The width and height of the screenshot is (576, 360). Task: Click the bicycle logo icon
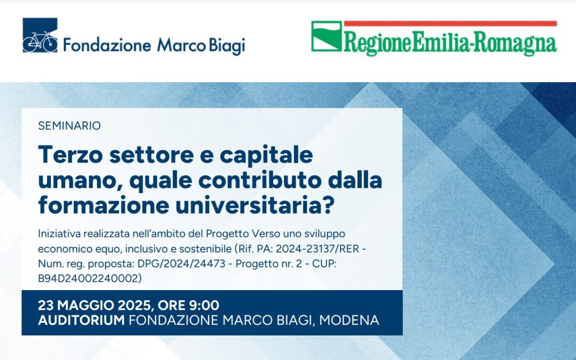point(40,35)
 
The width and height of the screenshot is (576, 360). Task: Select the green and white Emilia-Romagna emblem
point(326,36)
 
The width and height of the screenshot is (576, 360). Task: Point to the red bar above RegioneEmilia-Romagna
point(450,23)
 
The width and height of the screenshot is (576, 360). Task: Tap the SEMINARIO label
point(69,126)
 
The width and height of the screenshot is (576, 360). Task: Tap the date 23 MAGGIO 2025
point(93,306)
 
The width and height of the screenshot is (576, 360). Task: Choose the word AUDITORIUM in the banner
point(81,321)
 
